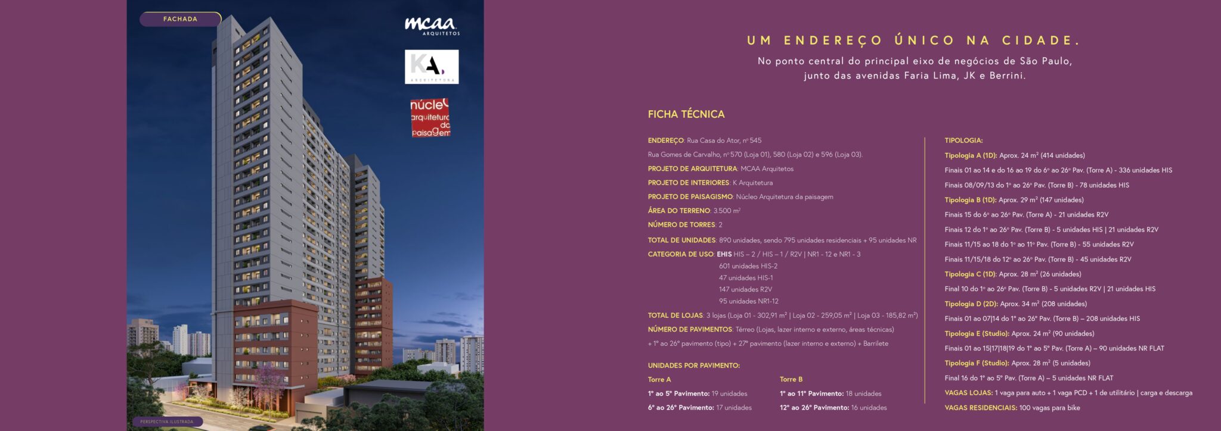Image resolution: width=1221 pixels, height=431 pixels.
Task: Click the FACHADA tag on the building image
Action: coord(180,19)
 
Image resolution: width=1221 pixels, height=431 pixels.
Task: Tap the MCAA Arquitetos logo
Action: coord(432,26)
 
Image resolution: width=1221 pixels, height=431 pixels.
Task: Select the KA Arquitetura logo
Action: coord(432,66)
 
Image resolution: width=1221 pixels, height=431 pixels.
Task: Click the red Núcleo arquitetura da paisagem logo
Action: coord(430,118)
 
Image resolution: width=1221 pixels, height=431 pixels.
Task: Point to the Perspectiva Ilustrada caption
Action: coord(167,421)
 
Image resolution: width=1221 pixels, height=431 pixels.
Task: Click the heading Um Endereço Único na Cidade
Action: coord(914,40)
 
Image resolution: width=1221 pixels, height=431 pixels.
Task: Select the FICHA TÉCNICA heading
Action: coord(686,114)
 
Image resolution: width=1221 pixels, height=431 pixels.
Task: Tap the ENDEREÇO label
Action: coord(665,140)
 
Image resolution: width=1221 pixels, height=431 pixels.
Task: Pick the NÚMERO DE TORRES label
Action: coord(681,225)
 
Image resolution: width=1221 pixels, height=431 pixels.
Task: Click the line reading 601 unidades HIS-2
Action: coord(748,266)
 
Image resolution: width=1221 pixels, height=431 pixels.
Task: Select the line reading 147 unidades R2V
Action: coord(745,289)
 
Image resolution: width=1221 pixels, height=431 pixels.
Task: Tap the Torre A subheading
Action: coord(659,379)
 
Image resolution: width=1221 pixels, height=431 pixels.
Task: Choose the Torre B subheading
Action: coord(791,379)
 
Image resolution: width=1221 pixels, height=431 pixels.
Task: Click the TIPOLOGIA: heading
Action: coord(963,140)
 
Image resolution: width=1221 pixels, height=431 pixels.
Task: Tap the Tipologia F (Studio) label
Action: coord(977,363)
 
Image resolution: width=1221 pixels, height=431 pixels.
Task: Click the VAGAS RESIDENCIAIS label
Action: coord(981,408)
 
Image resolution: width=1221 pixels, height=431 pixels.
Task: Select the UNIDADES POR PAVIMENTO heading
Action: coord(693,366)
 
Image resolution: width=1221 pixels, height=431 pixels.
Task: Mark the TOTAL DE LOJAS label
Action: coord(675,316)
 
